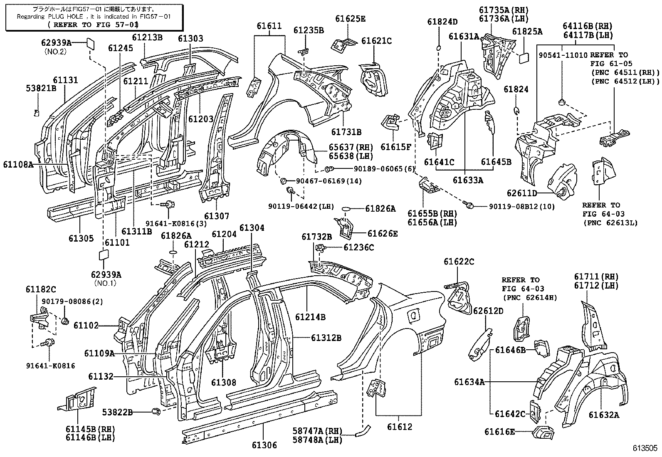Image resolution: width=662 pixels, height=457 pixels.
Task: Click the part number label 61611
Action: (x=269, y=26)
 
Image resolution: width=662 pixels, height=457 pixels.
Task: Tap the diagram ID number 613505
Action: (x=645, y=448)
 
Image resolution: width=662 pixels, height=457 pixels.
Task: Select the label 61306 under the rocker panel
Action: (x=264, y=445)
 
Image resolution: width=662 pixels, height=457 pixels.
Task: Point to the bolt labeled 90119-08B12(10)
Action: (x=470, y=206)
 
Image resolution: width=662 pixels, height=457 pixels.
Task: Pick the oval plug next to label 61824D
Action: (x=438, y=48)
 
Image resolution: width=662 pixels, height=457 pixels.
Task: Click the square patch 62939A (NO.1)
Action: (x=104, y=254)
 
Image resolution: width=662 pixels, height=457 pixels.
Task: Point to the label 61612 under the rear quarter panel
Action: (x=399, y=427)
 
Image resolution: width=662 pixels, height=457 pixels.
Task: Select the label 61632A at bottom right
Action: (x=603, y=415)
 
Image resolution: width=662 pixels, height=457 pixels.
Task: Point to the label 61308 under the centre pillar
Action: (x=223, y=382)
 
